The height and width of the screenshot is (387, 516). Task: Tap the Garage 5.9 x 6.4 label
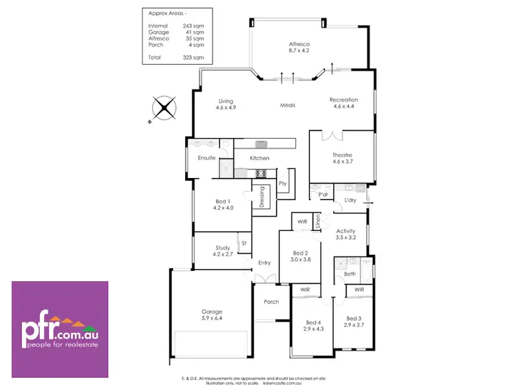211,315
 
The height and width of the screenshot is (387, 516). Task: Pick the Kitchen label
259,158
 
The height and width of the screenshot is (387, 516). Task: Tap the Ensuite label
207,158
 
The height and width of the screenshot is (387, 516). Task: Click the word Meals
288,105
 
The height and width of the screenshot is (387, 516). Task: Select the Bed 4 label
313,325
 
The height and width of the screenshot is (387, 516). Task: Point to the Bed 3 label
354,321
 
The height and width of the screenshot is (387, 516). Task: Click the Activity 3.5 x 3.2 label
345,234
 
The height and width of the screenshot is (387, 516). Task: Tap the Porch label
271,301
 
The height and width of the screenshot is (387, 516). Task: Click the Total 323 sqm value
199,57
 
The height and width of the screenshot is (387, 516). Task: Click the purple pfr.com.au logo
60,329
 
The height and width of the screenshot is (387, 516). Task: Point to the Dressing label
262,199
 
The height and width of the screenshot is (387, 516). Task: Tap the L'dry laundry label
350,200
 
